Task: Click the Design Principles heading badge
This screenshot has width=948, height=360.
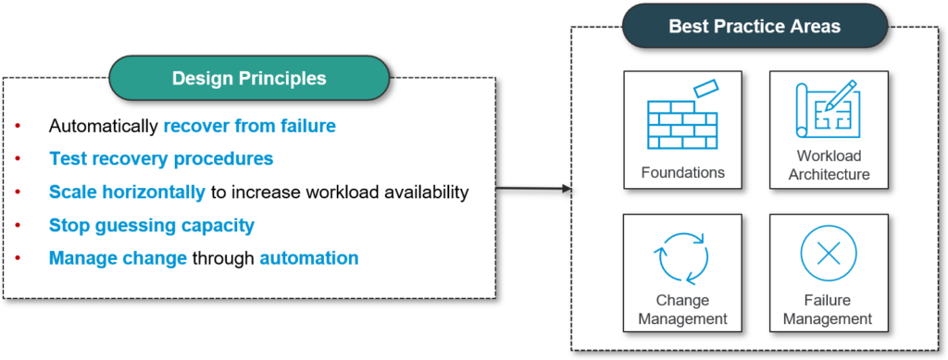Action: tap(248, 79)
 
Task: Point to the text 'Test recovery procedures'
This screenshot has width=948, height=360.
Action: tap(161, 159)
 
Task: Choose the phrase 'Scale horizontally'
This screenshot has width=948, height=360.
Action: tap(127, 192)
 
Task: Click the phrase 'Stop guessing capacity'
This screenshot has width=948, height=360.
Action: tap(152, 225)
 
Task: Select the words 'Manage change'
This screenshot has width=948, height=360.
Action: tap(118, 258)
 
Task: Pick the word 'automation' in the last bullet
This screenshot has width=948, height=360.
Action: tap(308, 258)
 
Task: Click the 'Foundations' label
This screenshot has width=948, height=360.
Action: tap(682, 172)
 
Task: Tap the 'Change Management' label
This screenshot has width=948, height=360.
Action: tap(682, 310)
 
